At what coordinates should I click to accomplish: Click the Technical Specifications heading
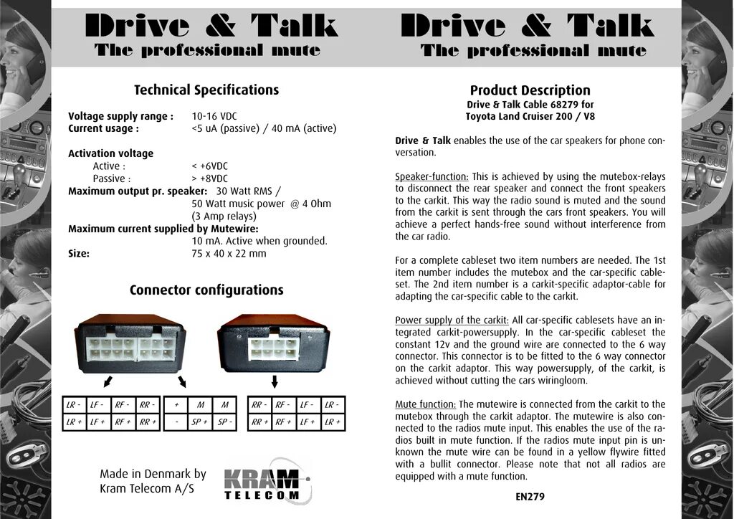point(206,90)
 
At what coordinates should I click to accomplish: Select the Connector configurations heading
point(206,290)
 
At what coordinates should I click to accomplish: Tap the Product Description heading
point(530,90)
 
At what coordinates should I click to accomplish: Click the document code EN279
point(530,496)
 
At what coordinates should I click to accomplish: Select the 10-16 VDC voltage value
point(214,116)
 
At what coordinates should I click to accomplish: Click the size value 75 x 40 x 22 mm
point(229,253)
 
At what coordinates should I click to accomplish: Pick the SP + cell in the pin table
point(200,422)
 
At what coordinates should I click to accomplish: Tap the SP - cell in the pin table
point(224,422)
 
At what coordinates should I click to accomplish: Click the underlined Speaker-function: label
point(432,176)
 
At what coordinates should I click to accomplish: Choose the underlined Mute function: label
point(426,404)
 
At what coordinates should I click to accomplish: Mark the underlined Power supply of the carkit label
point(452,320)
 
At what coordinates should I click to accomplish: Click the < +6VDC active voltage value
point(210,166)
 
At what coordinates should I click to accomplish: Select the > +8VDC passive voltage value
point(210,178)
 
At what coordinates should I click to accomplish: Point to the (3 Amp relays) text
point(224,216)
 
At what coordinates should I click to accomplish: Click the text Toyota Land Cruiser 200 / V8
point(530,116)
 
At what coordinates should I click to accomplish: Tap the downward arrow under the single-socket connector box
point(275,379)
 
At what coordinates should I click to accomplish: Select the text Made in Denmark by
point(153,474)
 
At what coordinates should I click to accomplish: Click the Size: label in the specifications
point(79,253)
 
